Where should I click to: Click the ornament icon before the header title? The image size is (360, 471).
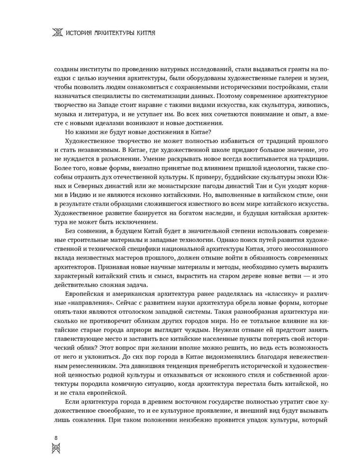pyautogui.click(x=57, y=33)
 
